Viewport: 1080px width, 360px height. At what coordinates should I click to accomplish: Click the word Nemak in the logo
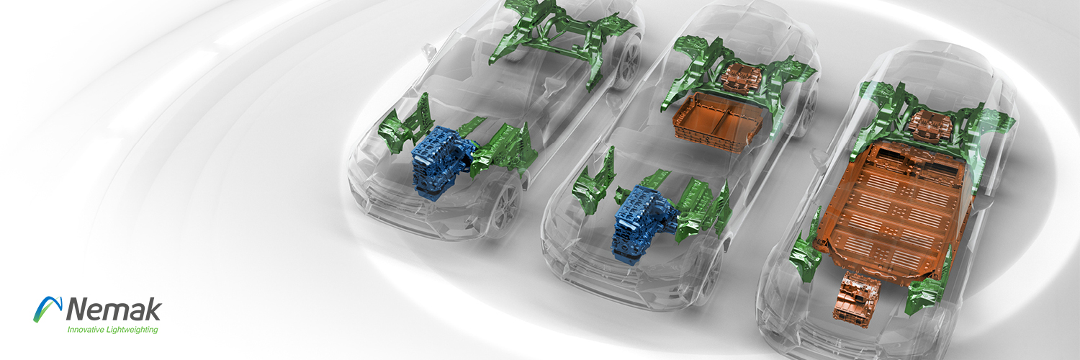[114, 309]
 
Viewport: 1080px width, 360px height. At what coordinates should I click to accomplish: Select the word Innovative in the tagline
[86, 330]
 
